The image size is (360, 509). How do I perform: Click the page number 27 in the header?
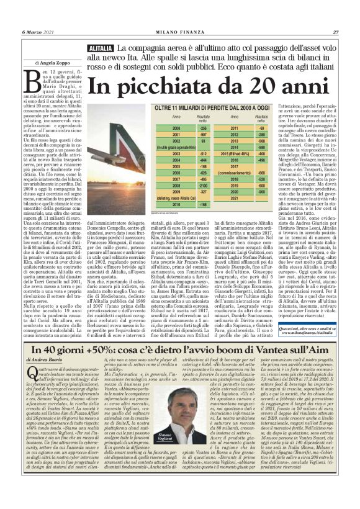[335, 32]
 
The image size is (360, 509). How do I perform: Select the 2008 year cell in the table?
[158, 184]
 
